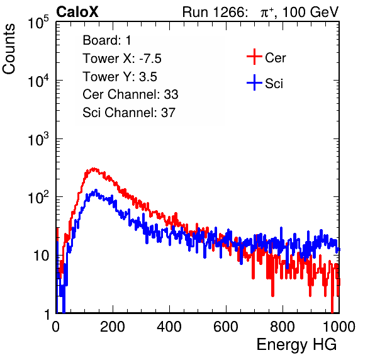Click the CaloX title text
(x=77, y=12)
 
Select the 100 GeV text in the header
(x=311, y=12)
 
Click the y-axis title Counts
(x=9, y=49)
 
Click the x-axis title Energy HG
(x=296, y=345)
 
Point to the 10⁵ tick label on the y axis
(x=38, y=22)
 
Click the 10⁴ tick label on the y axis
(x=38, y=81)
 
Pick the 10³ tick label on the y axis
(x=38, y=139)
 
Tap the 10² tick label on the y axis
(x=38, y=198)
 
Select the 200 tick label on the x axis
(x=113, y=327)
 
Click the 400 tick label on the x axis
(x=169, y=327)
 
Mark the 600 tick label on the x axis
(x=226, y=327)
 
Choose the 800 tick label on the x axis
(x=283, y=327)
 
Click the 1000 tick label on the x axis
(x=339, y=327)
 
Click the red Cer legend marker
(x=254, y=57)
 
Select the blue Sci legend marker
(x=254, y=83)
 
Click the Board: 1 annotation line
(x=107, y=40)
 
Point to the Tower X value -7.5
(x=150, y=59)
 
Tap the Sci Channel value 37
(x=168, y=113)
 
